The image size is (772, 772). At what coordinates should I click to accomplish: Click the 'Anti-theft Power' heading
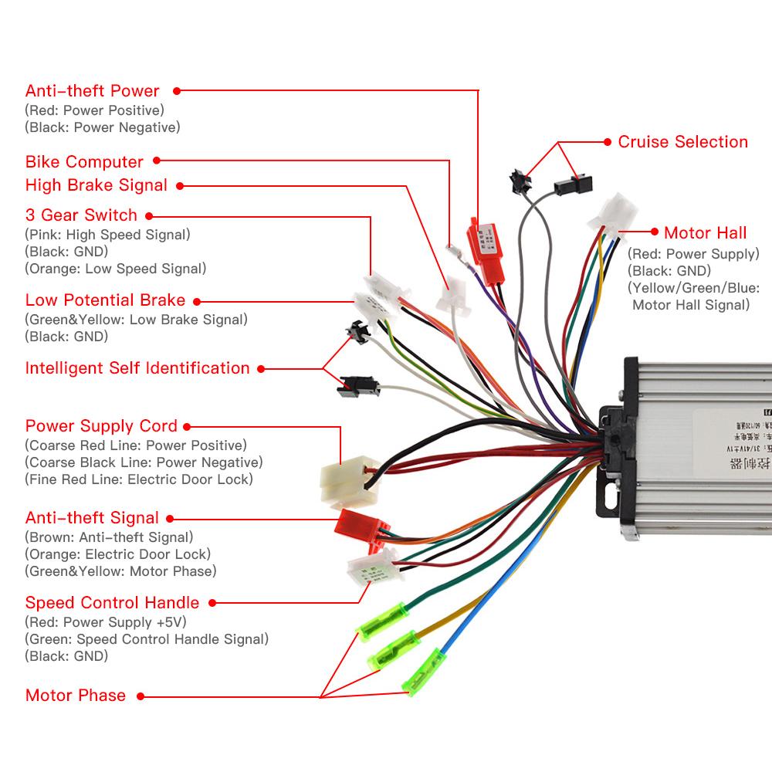[92, 90]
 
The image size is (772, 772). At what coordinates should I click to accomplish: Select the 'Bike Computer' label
[84, 161]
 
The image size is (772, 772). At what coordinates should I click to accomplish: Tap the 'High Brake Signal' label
[96, 185]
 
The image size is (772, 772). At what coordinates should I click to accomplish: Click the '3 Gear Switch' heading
[81, 215]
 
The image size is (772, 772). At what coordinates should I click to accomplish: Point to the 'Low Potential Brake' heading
[105, 300]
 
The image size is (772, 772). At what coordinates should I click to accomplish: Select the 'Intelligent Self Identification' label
[137, 367]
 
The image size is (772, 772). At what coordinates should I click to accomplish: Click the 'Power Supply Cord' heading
[101, 425]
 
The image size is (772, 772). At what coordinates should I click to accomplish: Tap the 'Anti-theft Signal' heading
[92, 517]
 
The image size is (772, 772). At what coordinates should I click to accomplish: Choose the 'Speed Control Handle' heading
[112, 602]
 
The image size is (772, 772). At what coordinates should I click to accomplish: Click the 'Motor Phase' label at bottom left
[75, 695]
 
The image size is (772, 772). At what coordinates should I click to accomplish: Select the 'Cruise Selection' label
[682, 141]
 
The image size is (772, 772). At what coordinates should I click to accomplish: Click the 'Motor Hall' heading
[705, 232]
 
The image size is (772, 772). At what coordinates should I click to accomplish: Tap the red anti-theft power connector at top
[483, 240]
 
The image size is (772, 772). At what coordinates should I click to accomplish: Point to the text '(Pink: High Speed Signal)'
[107, 234]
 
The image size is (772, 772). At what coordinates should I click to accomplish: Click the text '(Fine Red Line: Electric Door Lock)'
[138, 479]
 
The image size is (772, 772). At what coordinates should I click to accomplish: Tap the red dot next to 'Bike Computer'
[157, 161]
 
